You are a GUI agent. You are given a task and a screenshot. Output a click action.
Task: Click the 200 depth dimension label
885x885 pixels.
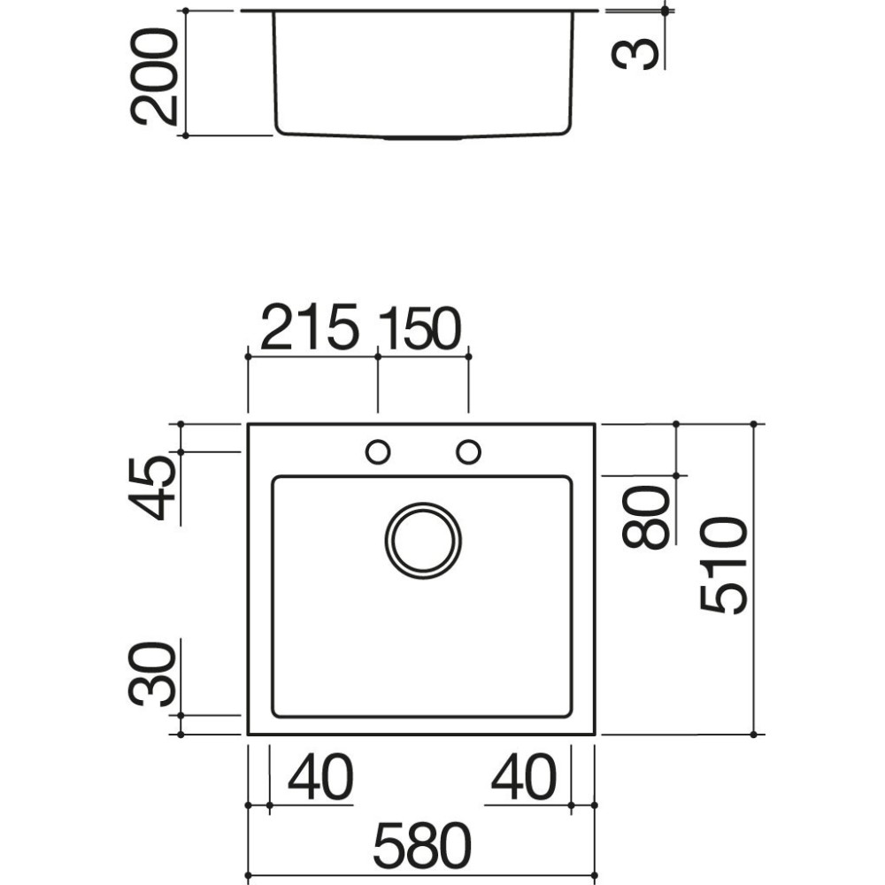point(153,76)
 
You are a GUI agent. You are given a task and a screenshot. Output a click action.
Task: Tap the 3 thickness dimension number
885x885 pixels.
point(635,54)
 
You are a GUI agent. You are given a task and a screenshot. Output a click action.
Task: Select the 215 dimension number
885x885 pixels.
point(309,327)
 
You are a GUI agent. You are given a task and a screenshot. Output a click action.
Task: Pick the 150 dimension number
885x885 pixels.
point(419,328)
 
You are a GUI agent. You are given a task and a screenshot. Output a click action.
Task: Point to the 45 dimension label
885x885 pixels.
point(152,489)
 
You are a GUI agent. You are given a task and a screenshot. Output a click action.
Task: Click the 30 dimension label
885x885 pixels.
point(152,673)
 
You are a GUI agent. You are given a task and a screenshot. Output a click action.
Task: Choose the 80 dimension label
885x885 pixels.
point(646,517)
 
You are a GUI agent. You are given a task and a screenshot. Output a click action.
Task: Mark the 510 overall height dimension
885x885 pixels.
point(724,566)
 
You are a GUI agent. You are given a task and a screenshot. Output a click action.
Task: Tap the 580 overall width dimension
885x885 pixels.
point(422,845)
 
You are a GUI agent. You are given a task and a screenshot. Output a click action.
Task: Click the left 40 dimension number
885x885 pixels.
point(320,777)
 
